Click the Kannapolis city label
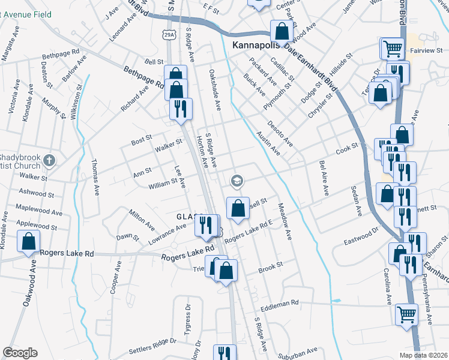coord(257,46)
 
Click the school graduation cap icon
coord(237,180)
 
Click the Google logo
coord(20,353)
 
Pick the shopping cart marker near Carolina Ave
coord(407,314)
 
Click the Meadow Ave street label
coord(285,221)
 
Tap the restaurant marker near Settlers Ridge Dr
coord(225,352)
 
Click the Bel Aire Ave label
coord(325,178)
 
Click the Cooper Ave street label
coord(116,277)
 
